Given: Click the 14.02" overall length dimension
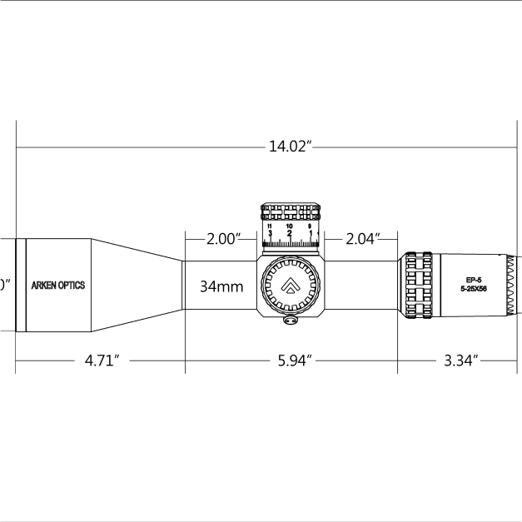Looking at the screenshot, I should click(x=290, y=147).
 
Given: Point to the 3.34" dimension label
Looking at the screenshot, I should click(x=460, y=361).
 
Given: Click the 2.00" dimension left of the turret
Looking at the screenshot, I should click(x=222, y=240).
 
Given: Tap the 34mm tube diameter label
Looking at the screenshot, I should click(x=221, y=286).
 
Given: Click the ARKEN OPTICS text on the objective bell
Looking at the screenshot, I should click(x=57, y=286).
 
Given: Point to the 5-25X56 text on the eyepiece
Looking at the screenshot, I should click(x=475, y=289).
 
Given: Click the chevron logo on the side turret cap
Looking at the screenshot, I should click(x=290, y=286).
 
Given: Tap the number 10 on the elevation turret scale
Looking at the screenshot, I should click(x=289, y=226).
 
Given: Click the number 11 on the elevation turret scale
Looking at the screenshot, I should click(x=269, y=226).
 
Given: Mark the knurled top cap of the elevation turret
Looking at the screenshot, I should click(x=291, y=211).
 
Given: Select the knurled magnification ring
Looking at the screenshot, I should click(x=419, y=285).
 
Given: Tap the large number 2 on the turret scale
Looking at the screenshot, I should click(x=289, y=234).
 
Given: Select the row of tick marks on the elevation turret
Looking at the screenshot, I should click(x=291, y=244).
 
